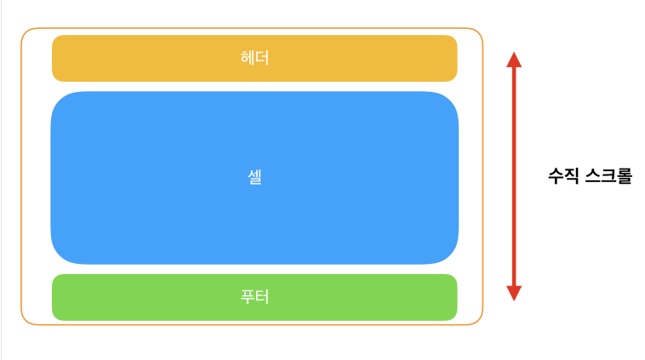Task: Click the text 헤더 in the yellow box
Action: [x=254, y=59]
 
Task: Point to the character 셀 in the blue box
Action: [x=254, y=178]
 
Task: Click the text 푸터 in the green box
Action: [x=254, y=297]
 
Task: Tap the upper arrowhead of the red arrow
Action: [x=513, y=59]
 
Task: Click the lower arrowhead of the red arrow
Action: [x=513, y=294]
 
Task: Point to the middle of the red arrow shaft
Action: [x=513, y=176]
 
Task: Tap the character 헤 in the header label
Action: [x=248, y=59]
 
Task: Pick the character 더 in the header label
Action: [x=262, y=59]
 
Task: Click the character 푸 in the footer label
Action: [x=248, y=297]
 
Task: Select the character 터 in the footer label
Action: [x=262, y=297]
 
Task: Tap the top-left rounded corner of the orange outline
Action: [x=26, y=33]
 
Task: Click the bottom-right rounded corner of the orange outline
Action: [x=478, y=320]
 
